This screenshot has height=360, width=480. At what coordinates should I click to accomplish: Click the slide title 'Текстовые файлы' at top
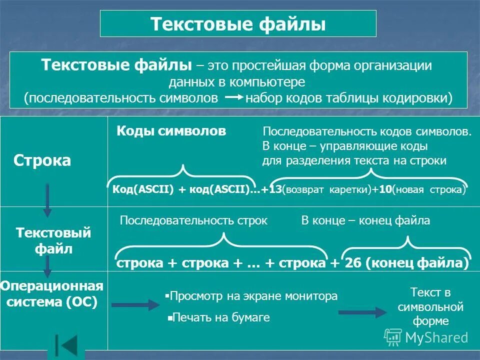238,24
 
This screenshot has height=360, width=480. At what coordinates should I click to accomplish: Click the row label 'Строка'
42,160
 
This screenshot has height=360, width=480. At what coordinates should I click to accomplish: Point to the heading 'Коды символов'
171,131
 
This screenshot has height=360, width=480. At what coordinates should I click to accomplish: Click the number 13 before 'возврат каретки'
274,190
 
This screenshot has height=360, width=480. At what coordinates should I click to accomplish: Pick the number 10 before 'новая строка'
384,190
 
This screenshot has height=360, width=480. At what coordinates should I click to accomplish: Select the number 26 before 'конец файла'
353,263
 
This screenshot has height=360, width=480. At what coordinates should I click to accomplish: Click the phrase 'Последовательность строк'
194,220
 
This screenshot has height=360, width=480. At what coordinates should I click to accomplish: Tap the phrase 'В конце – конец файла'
365,220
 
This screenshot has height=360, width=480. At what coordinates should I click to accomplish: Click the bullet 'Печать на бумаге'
220,317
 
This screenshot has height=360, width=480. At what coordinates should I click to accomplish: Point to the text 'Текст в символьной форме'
430,306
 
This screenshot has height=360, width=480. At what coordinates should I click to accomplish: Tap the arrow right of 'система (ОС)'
134,304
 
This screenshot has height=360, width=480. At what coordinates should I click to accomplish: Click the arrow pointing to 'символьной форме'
362,312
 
